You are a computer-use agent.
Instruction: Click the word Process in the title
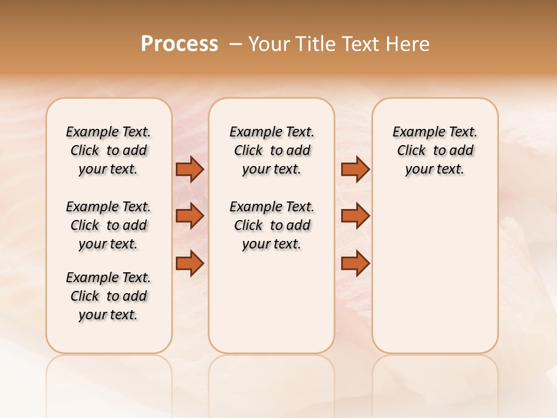pyautogui.click(x=179, y=44)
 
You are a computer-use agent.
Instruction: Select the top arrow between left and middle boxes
pyautogui.click(x=190, y=170)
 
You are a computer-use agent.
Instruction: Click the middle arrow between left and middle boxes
pyautogui.click(x=190, y=216)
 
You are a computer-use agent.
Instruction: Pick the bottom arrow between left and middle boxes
pyautogui.click(x=190, y=264)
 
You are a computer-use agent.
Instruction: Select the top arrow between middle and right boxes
pyautogui.click(x=355, y=170)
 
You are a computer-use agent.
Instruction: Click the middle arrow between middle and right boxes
pyautogui.click(x=355, y=216)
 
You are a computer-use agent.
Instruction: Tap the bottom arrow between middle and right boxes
pyautogui.click(x=355, y=264)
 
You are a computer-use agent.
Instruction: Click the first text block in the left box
pyautogui.click(x=108, y=150)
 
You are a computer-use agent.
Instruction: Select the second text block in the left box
pyautogui.click(x=108, y=225)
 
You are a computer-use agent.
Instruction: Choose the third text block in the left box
pyautogui.click(x=108, y=296)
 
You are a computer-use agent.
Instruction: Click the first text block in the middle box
pyautogui.click(x=272, y=150)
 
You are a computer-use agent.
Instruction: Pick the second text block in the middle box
pyautogui.click(x=272, y=225)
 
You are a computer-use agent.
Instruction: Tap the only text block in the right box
pyautogui.click(x=435, y=150)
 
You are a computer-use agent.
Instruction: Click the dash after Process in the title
pyautogui.click(x=236, y=44)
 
